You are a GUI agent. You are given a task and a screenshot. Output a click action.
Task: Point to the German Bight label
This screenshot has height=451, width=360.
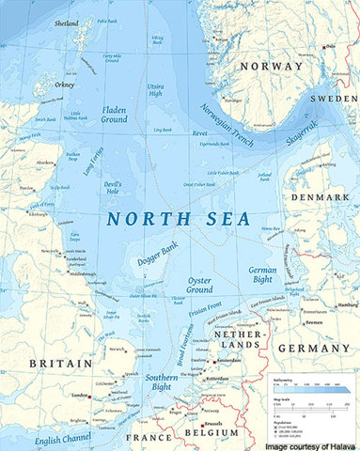[x=261, y=275]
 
